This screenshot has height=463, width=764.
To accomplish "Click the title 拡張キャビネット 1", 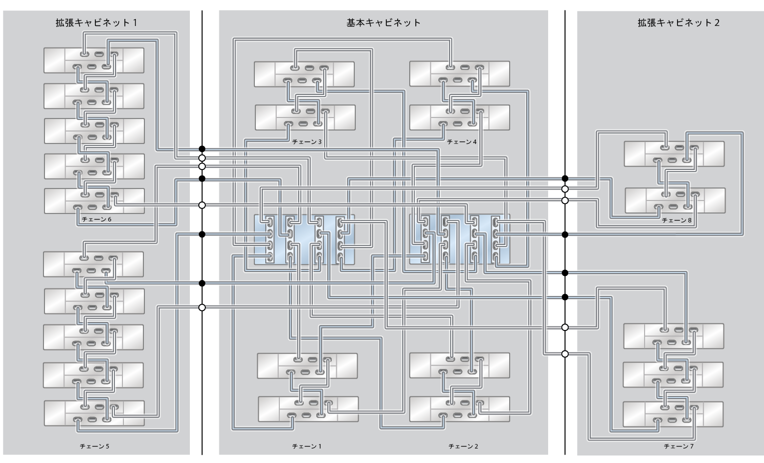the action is pyautogui.click(x=96, y=23).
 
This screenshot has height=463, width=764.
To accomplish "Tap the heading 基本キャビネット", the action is pyautogui.click(x=383, y=23).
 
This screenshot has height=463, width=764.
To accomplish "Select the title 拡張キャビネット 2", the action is pyautogui.click(x=679, y=23).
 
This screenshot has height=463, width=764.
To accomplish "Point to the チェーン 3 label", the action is pyautogui.click(x=307, y=141).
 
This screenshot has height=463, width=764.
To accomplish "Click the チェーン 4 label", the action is pyautogui.click(x=462, y=141).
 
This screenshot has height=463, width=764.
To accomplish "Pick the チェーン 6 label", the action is pyautogui.click(x=96, y=219).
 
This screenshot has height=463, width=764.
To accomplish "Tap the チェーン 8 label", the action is pyautogui.click(x=677, y=220).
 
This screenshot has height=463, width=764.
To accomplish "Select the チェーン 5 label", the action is pyautogui.click(x=94, y=446).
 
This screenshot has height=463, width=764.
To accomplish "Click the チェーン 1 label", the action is pyautogui.click(x=307, y=446).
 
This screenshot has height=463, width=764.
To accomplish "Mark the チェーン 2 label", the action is pyautogui.click(x=463, y=446).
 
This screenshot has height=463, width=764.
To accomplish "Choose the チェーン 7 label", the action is pyautogui.click(x=679, y=446).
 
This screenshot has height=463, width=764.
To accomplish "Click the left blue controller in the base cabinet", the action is pyautogui.click(x=304, y=239).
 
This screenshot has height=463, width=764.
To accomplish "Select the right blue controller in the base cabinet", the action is pyautogui.click(x=460, y=239).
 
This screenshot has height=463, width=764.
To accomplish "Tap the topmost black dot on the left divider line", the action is pyautogui.click(x=202, y=149).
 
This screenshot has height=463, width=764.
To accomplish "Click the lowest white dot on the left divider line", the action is pyautogui.click(x=202, y=307).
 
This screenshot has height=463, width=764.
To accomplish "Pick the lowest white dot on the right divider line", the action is pyautogui.click(x=565, y=354).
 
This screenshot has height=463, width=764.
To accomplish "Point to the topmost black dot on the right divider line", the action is pyautogui.click(x=565, y=178).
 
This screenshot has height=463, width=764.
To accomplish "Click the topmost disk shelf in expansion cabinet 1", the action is pyautogui.click(x=94, y=60).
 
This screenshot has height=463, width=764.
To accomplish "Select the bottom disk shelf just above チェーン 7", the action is pyautogui.click(x=673, y=414).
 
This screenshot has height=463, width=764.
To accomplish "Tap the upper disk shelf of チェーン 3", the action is pyautogui.click(x=304, y=74).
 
